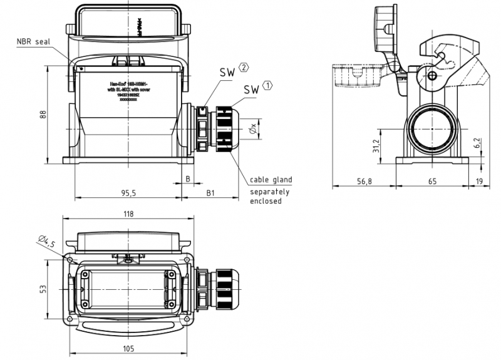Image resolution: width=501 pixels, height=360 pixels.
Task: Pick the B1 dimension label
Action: point(212,193)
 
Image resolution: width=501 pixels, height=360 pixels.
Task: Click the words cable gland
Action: point(271,180)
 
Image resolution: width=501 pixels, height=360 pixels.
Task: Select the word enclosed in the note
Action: point(266,201)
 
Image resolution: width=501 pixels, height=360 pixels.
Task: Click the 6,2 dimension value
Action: point(477,143)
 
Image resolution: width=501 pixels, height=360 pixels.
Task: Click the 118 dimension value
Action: point(128,214)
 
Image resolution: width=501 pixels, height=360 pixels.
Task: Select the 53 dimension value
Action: point(42,290)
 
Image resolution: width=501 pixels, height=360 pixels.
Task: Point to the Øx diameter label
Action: point(252,129)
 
